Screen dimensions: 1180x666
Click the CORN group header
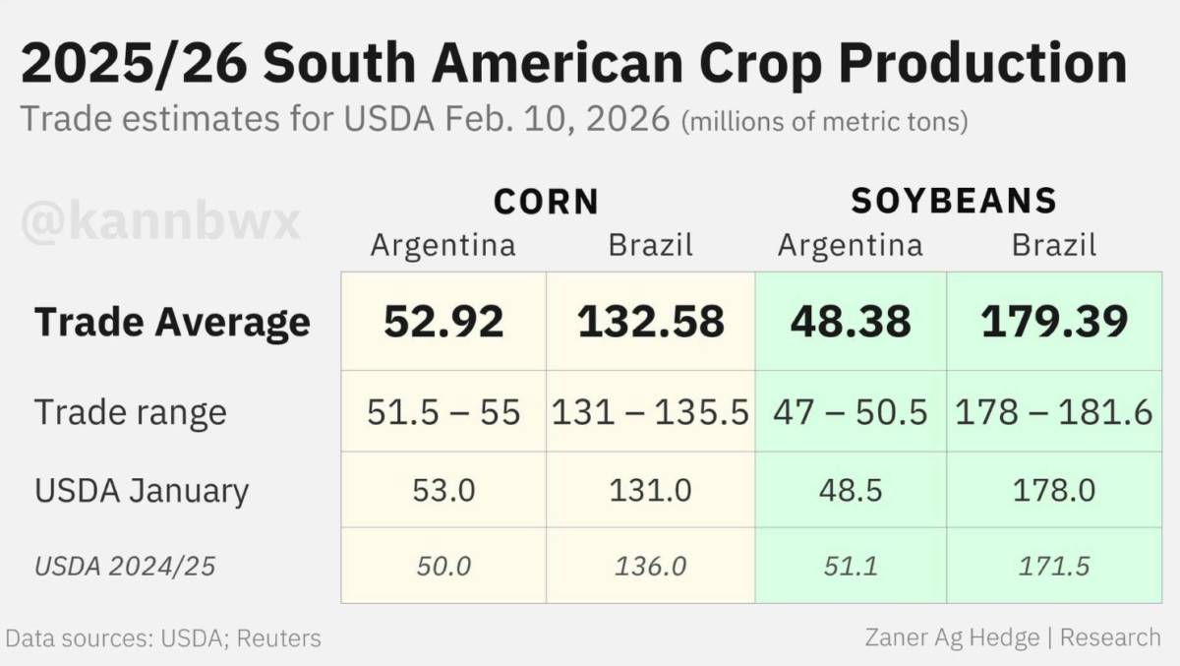click(x=547, y=202)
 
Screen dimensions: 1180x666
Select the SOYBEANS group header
click(x=954, y=201)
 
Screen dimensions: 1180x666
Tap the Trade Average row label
click(x=172, y=322)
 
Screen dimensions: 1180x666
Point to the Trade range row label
click(x=131, y=412)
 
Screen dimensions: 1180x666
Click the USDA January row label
click(x=142, y=491)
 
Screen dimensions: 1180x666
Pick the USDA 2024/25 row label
click(x=125, y=567)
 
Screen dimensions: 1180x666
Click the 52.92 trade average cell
click(x=443, y=322)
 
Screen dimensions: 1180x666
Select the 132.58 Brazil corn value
click(x=651, y=322)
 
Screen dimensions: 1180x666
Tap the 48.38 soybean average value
click(x=851, y=322)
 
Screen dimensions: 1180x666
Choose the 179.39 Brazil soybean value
click(x=1054, y=322)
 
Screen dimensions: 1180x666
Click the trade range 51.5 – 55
click(x=443, y=412)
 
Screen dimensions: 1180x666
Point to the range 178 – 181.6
click(x=1054, y=412)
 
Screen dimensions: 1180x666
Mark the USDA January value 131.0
click(x=651, y=491)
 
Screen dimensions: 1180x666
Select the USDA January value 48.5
click(x=851, y=491)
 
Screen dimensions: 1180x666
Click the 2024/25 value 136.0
click(x=651, y=567)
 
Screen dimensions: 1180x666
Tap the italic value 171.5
click(x=1054, y=567)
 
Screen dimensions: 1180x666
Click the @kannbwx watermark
click(x=160, y=222)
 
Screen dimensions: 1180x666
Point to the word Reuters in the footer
click(x=278, y=638)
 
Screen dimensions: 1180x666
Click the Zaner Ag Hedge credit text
click(x=952, y=637)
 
